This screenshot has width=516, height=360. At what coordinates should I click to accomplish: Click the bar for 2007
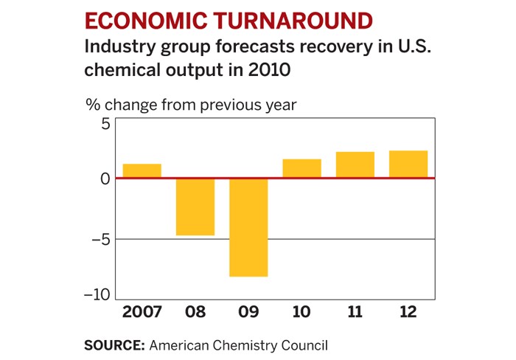(142, 171)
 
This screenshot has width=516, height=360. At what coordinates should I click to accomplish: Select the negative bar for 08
(195, 207)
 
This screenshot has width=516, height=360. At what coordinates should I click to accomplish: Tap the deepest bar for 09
(248, 228)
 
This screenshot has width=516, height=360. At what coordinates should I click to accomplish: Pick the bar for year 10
(301, 169)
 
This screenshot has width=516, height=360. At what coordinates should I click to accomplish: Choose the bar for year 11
(355, 165)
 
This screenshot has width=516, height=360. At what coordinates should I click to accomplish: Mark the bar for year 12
(408, 165)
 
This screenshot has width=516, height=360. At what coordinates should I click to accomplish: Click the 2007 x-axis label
(142, 312)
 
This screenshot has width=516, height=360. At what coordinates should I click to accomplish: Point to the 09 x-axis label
(248, 312)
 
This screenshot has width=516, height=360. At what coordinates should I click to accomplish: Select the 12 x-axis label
(408, 312)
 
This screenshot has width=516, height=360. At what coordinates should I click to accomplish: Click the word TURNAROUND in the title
(290, 20)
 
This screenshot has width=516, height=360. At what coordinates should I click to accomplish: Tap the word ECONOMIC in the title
(144, 20)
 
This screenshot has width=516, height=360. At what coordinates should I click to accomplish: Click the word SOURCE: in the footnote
(114, 345)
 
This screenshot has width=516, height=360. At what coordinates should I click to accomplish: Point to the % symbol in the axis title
(93, 105)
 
